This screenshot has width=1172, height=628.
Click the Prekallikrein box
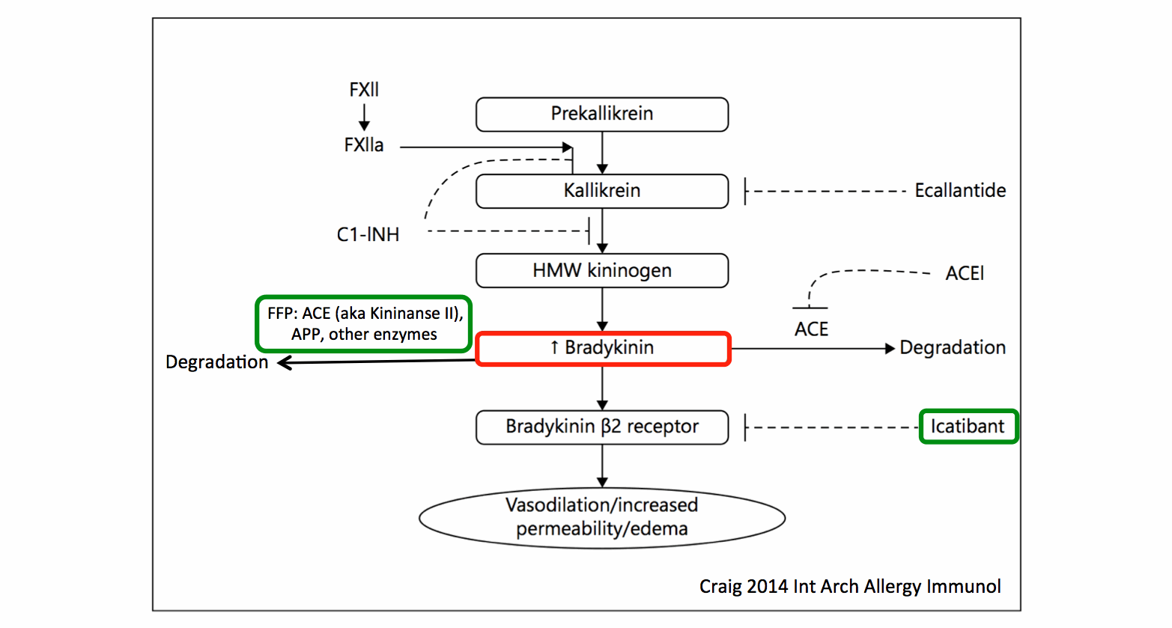(x=602, y=115)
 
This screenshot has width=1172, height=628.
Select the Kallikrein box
(x=602, y=191)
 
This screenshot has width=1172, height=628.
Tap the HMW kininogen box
(x=602, y=270)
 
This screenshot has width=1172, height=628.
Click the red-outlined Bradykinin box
(x=603, y=349)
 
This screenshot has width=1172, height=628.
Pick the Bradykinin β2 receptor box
(x=602, y=427)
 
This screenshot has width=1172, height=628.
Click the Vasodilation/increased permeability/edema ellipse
(x=602, y=517)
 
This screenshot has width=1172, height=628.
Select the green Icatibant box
(x=968, y=427)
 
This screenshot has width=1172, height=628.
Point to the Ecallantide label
(x=960, y=191)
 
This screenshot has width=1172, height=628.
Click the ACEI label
(x=965, y=274)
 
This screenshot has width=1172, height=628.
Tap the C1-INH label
(x=368, y=235)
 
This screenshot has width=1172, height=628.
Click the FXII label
(x=364, y=90)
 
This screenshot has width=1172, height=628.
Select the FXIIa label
(x=364, y=145)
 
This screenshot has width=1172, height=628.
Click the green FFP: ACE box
(x=365, y=324)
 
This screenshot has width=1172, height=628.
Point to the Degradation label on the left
(x=216, y=362)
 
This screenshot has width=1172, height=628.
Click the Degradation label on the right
(x=953, y=348)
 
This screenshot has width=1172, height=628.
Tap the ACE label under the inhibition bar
(x=811, y=329)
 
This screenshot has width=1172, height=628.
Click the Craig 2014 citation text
(x=850, y=586)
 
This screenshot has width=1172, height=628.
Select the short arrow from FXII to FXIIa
(x=364, y=117)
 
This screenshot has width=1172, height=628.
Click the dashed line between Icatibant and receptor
(x=831, y=427)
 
